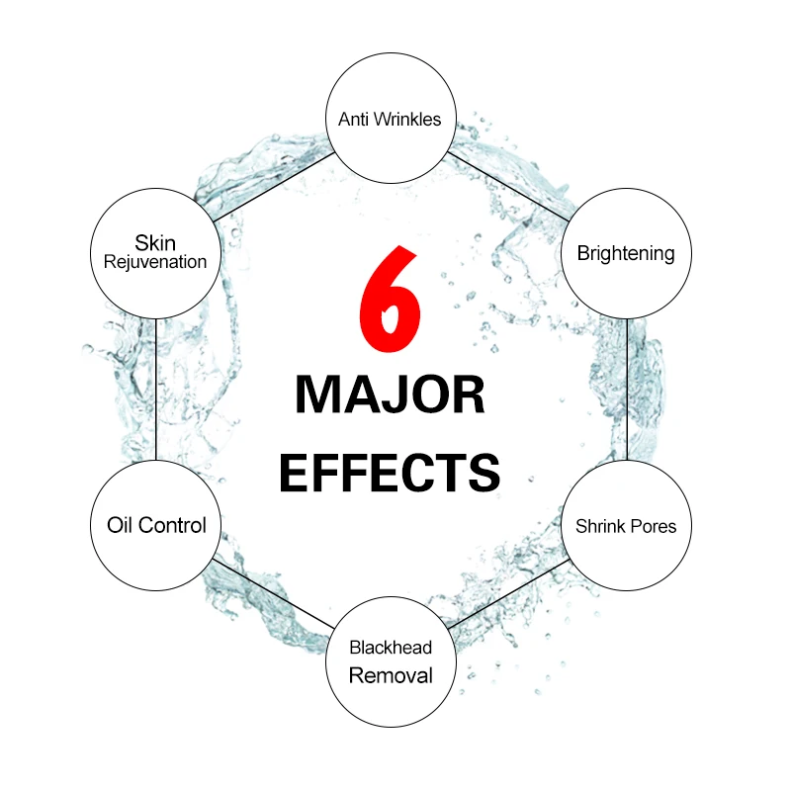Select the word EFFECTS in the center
point(390,472)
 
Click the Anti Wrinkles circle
point(390,120)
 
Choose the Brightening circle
point(626,253)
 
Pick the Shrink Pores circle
point(626,525)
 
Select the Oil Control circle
point(156,525)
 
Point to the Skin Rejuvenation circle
point(156,253)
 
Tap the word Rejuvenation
point(156,263)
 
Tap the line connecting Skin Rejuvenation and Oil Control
point(156,389)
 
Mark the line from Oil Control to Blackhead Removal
point(271,592)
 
